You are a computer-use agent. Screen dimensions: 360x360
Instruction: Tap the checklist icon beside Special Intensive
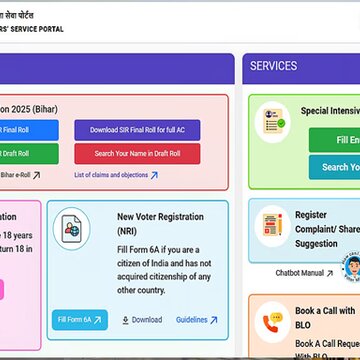click(270, 118)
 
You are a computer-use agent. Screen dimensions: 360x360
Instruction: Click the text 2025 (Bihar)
click(26, 106)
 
